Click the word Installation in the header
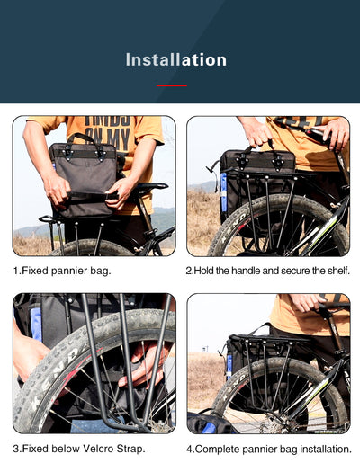pyautogui.click(x=176, y=60)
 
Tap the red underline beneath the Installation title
pyautogui.click(x=171, y=85)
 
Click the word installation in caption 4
pyautogui.click(x=320, y=448)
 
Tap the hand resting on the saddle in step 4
pyautogui.click(x=306, y=304)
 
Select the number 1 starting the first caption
pyautogui.click(x=15, y=270)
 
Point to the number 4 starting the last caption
pyautogui.click(x=189, y=448)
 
